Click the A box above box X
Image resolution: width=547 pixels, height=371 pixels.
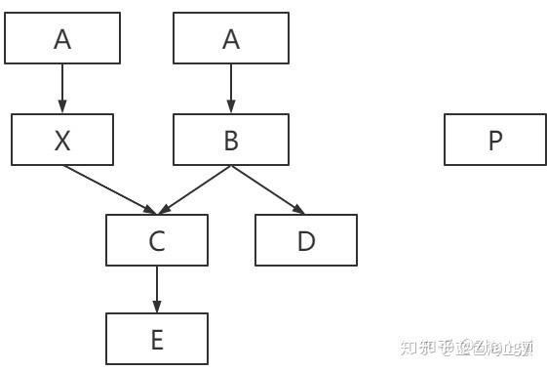tap(63, 38)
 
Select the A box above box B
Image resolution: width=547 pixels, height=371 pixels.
tap(231, 38)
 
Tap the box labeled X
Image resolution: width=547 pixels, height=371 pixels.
tap(62, 140)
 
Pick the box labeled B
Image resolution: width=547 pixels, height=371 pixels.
tap(231, 140)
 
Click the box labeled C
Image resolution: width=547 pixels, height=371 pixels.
tap(157, 240)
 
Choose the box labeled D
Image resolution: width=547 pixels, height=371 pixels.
tap(306, 240)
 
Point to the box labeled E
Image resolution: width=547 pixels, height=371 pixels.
tap(157, 339)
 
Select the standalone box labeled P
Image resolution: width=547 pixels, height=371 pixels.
tap(495, 140)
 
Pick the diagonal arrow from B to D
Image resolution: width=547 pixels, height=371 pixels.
tap(265, 187)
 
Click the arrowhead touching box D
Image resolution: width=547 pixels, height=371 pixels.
tap(297, 209)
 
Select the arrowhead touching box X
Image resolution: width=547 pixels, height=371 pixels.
tap(63, 107)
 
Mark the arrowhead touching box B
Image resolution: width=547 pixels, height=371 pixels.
tap(231, 107)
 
